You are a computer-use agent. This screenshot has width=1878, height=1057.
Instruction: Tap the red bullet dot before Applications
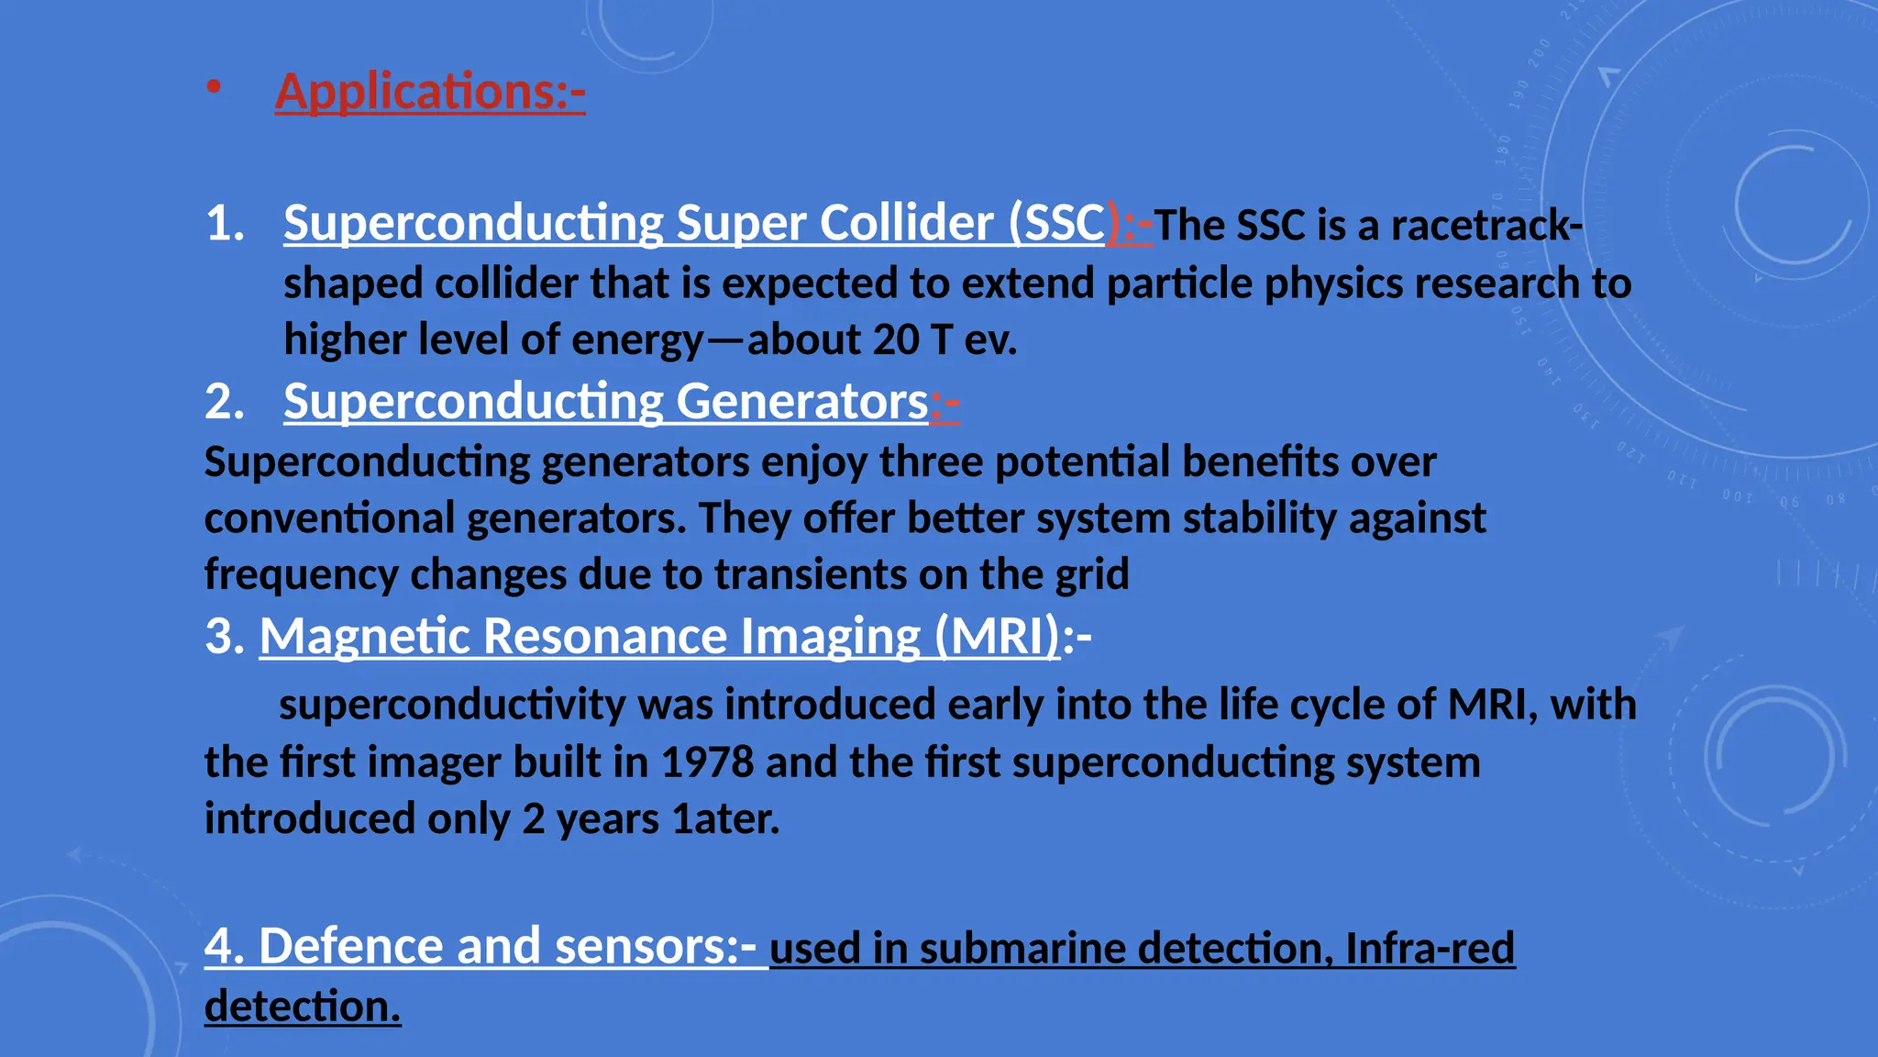[x=214, y=88]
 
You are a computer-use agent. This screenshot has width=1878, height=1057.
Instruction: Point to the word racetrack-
[x=1487, y=226]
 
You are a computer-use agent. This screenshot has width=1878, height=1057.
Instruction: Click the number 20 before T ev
[x=895, y=340]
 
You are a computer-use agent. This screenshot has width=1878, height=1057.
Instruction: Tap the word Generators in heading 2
[x=802, y=402]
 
